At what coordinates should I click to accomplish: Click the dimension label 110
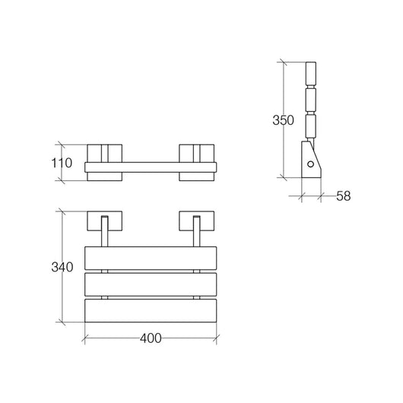point(62,163)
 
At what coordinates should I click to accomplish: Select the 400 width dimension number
point(151,338)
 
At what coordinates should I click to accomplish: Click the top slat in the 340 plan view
point(151,257)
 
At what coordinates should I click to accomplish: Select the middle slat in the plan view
point(151,284)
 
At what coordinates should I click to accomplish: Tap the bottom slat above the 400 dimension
point(151,309)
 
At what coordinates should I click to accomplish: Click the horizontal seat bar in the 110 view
point(151,166)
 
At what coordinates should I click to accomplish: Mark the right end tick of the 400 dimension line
point(217,338)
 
